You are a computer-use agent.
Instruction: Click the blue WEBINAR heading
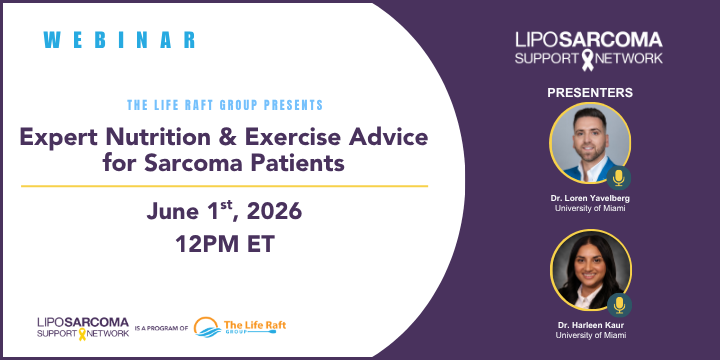(119, 40)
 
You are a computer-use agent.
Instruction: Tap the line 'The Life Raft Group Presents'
(225, 105)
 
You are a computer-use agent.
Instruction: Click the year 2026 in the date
(274, 212)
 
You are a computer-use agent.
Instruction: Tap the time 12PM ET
(225, 244)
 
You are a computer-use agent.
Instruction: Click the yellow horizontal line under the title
(225, 186)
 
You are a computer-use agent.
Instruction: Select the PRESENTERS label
(590, 93)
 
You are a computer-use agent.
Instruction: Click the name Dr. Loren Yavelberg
(590, 199)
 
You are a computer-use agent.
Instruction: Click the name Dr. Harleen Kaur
(591, 326)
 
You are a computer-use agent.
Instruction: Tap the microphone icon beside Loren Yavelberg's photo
(619, 178)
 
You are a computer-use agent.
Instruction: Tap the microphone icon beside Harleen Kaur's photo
(619, 305)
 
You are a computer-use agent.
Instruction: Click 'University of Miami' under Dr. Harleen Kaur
(591, 335)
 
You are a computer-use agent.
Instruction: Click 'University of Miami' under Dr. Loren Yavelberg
(590, 208)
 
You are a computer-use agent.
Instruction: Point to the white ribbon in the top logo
(588, 60)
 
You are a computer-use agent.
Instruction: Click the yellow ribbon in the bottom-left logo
(82, 334)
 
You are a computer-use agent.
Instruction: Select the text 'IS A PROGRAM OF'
(161, 329)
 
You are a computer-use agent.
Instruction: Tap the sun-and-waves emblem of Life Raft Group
(207, 327)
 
